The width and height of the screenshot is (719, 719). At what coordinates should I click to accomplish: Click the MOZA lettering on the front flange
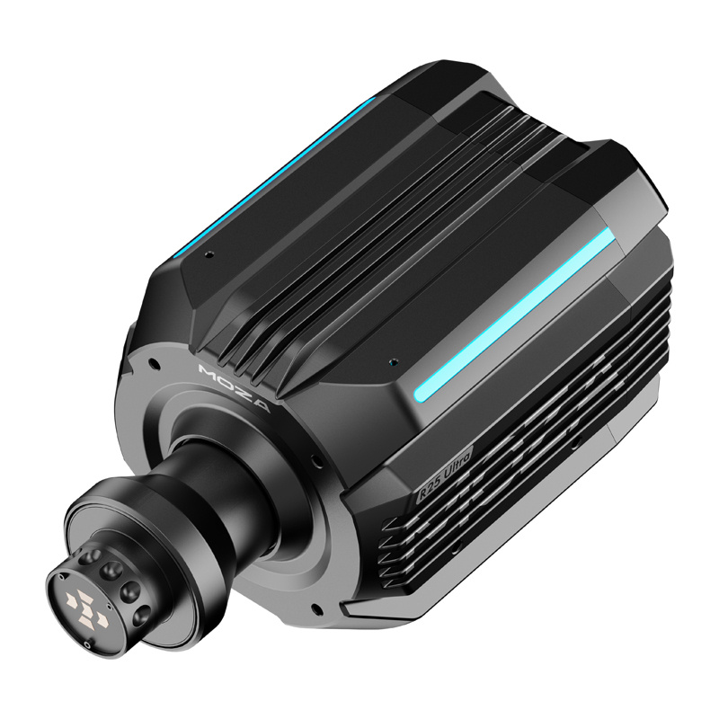(x=235, y=387)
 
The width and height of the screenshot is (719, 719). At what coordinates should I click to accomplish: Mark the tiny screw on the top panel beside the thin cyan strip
(x=209, y=255)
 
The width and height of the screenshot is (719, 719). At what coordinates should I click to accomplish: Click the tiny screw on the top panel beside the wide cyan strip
(x=392, y=363)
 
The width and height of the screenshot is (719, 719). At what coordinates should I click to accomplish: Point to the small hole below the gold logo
(x=85, y=644)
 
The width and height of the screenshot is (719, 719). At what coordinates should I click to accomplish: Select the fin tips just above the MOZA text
(x=243, y=356)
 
